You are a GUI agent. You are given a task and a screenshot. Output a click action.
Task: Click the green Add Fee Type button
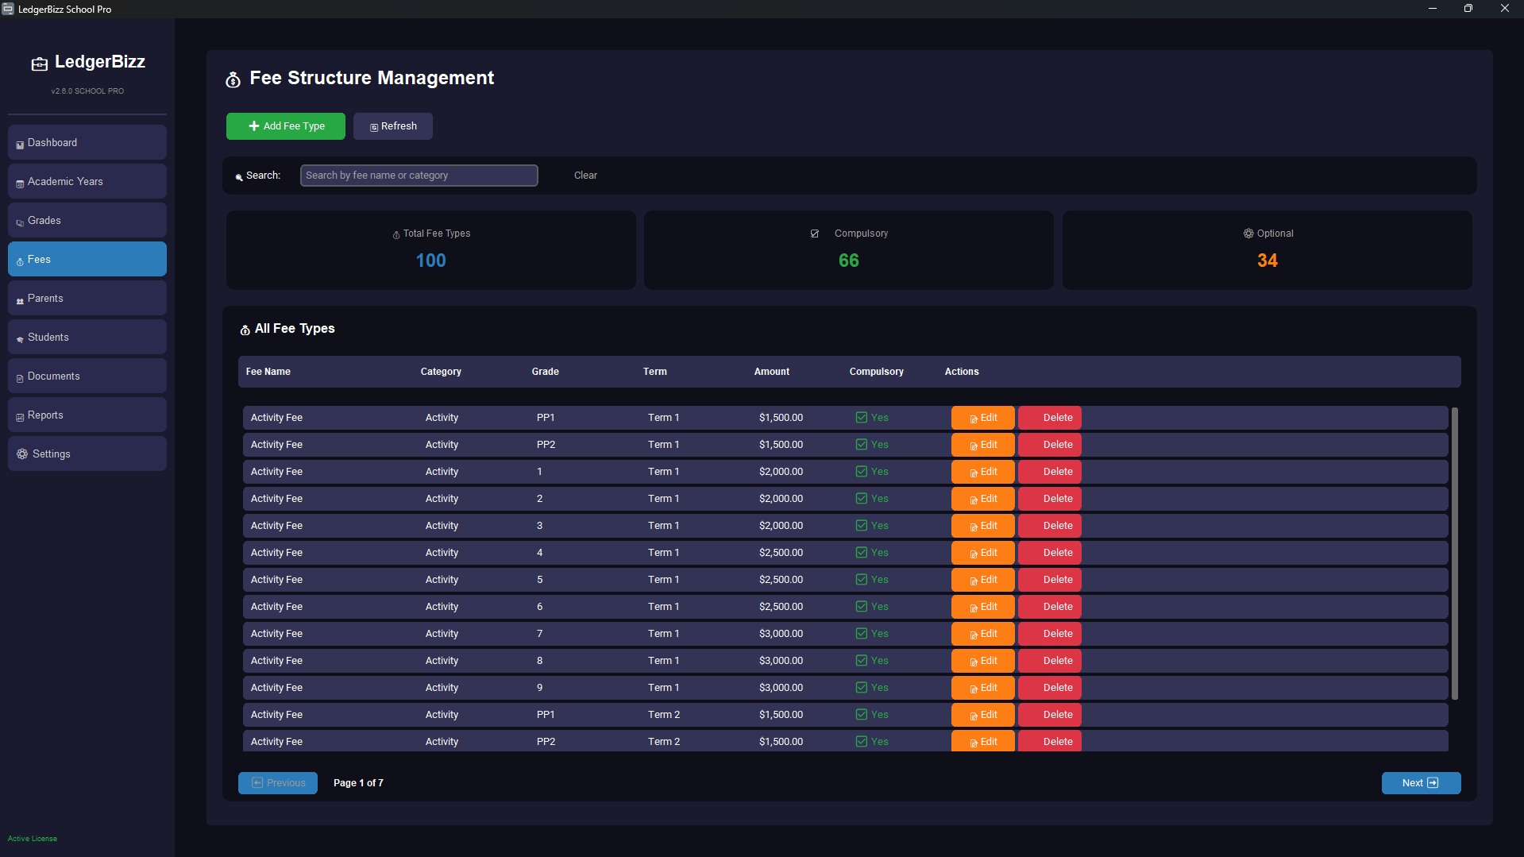tap(286, 126)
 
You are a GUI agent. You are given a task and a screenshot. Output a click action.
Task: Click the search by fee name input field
tap(419, 176)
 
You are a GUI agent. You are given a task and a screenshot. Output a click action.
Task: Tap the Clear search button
tap(585, 176)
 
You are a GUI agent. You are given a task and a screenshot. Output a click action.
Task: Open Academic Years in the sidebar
tap(87, 182)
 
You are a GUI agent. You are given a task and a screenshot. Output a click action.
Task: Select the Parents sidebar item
tap(87, 299)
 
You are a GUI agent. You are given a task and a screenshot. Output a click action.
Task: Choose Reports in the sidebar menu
tap(87, 415)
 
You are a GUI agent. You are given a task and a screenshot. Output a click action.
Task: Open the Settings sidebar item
tap(87, 454)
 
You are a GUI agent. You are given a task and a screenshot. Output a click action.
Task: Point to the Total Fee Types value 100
tap(430, 261)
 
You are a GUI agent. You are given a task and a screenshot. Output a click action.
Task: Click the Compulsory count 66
tap(848, 261)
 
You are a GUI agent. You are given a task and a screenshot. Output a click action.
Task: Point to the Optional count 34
tap(1267, 261)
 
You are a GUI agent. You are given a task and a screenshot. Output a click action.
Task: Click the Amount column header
tap(771, 372)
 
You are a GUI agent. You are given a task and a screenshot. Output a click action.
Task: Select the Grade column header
tap(545, 372)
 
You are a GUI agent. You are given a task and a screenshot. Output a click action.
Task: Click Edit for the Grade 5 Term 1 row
tap(982, 580)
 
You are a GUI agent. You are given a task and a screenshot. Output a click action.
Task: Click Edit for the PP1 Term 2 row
tap(982, 715)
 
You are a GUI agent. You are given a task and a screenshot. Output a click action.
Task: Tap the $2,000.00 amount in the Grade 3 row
tap(781, 526)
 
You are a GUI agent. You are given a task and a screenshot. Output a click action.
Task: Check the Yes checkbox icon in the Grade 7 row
tap(861, 634)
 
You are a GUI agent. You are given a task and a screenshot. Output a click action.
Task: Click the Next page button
tap(1421, 783)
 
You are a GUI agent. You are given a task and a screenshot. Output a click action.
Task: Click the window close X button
tap(1504, 9)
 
